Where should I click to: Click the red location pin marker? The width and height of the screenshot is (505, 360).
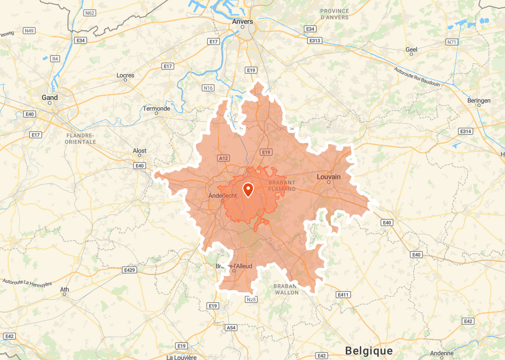pyautogui.click(x=248, y=190)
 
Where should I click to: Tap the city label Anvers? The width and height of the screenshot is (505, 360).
pyautogui.click(x=243, y=21)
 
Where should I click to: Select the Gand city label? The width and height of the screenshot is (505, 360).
pyautogui.click(x=50, y=98)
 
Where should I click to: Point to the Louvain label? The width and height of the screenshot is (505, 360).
pyautogui.click(x=329, y=177)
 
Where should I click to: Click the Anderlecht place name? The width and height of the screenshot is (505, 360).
pyautogui.click(x=222, y=196)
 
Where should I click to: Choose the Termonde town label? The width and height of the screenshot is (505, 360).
pyautogui.click(x=156, y=109)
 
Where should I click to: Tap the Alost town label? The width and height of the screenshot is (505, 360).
pyautogui.click(x=140, y=151)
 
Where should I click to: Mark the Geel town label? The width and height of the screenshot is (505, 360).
pyautogui.click(x=411, y=49)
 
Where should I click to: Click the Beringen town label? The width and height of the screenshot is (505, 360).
pyautogui.click(x=479, y=100)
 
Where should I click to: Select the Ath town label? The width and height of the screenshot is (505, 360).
pyautogui.click(x=65, y=290)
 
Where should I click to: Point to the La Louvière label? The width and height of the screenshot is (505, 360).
pyautogui.click(x=182, y=358)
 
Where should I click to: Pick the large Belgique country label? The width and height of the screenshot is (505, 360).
pyautogui.click(x=369, y=350)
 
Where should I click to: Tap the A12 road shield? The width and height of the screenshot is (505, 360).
pyautogui.click(x=223, y=158)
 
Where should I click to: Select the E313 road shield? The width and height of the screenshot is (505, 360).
pyautogui.click(x=315, y=40)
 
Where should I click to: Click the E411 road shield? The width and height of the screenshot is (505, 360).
pyautogui.click(x=343, y=295)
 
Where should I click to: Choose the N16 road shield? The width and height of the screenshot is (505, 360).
pyautogui.click(x=208, y=88)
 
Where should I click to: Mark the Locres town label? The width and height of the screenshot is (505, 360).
pyautogui.click(x=125, y=75)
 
